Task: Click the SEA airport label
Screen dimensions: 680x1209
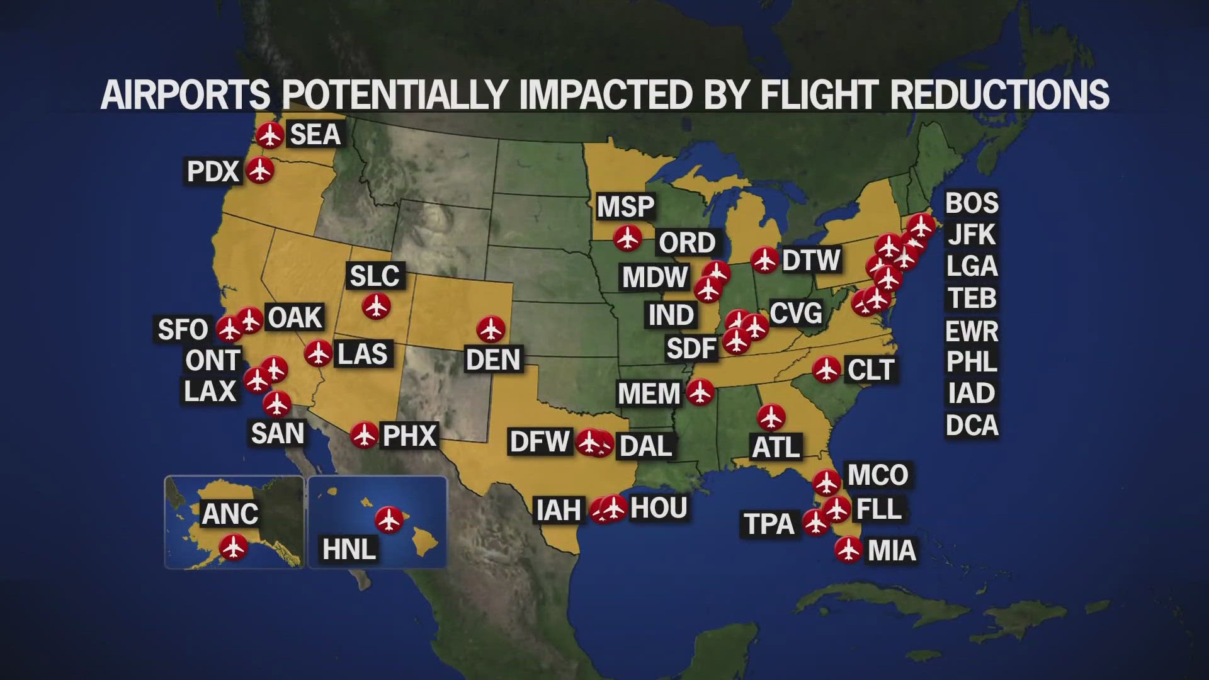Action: coord(315,135)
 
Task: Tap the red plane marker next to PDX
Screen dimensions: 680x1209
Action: coord(259,170)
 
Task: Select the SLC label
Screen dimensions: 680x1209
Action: coord(375,276)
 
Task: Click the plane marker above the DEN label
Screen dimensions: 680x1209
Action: coord(491,329)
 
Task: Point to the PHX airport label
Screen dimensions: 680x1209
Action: coord(410,436)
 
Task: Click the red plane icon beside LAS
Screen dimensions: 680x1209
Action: coord(319,353)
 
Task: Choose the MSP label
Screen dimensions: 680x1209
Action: coord(626,207)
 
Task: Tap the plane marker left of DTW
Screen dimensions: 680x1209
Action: coord(765,259)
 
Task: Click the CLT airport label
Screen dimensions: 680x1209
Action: coord(871,370)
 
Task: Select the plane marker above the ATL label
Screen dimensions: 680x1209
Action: coord(771,417)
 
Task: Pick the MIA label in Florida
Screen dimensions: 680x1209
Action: coord(892,551)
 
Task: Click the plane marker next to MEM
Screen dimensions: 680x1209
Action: coord(699,392)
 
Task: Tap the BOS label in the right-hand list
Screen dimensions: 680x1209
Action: coord(972,203)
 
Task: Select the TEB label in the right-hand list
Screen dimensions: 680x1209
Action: coord(972,298)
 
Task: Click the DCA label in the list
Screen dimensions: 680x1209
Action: coord(972,426)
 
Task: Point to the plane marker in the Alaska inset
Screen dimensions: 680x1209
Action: coord(234,547)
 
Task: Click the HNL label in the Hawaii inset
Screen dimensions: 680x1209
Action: coord(349,549)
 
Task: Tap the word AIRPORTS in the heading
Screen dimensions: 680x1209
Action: coord(186,95)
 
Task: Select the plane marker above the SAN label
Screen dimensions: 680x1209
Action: coord(276,404)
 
